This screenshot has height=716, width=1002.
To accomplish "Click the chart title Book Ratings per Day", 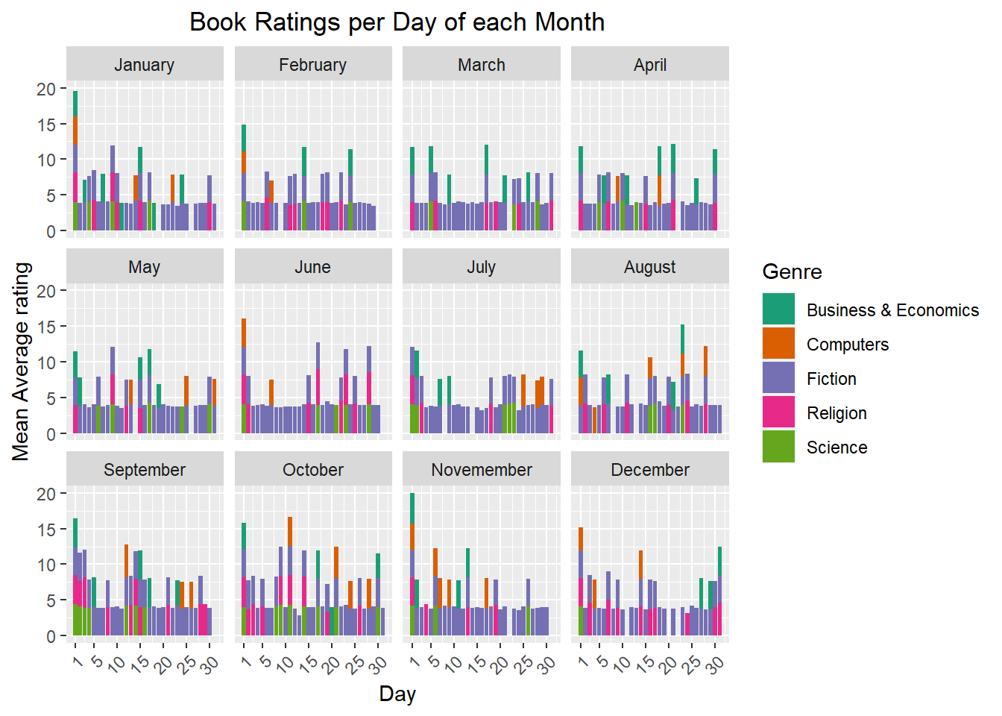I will coord(397,22).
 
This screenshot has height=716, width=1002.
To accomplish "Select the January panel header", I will coord(145,65).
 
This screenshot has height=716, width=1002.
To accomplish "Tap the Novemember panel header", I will coord(482,470).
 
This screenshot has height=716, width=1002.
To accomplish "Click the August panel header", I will coord(650,267).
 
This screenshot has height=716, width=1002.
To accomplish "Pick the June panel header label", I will coord(312,267).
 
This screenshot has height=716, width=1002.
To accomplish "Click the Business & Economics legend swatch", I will coord(778,310).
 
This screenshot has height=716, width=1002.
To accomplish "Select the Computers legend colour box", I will coord(778,344).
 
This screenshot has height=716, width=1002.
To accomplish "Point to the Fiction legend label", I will coord(831,379).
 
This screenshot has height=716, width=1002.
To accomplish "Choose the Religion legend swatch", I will coord(778,412).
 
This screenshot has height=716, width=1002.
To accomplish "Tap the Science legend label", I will coord(836,447).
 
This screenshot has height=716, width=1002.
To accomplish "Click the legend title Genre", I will coord(792,271).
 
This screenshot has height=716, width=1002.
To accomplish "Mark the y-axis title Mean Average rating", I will coord(21,362).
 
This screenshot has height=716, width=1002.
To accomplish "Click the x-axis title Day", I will coord(397,694).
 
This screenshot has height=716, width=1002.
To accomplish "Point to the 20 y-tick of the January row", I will coord(46,89).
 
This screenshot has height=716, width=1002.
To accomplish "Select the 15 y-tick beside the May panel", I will coord(46,327).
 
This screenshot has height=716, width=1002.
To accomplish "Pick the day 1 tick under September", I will coord(76,661).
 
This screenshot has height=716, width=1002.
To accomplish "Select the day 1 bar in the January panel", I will coord(75,160).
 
